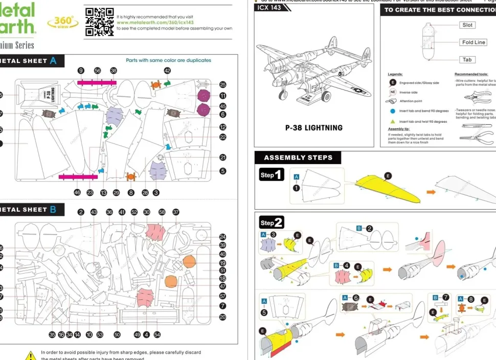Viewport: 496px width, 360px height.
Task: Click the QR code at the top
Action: coord(100,22)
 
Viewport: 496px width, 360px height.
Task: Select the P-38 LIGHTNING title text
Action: coord(313,128)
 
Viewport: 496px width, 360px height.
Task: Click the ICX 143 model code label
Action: coord(269,8)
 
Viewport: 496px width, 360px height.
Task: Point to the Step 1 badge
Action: coord(271,175)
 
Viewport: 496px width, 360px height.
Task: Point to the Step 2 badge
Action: coord(272,222)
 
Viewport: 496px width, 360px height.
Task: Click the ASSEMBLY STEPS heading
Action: coord(298,157)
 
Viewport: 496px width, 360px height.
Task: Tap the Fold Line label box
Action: coord(474,42)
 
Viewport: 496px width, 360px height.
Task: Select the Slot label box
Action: coord(467,25)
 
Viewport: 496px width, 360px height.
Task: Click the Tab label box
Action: coord(467,60)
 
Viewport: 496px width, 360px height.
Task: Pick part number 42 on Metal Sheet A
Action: coord(167,71)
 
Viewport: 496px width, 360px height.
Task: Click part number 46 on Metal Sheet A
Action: coord(77,193)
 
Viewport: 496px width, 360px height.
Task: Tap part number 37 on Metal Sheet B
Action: coord(176,212)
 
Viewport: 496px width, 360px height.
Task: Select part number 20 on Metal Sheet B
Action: coord(222,317)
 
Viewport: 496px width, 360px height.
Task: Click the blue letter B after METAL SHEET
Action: coord(53,209)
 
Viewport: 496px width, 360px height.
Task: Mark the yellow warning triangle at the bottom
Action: coord(31,355)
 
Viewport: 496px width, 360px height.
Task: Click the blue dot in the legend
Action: coord(393,111)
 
